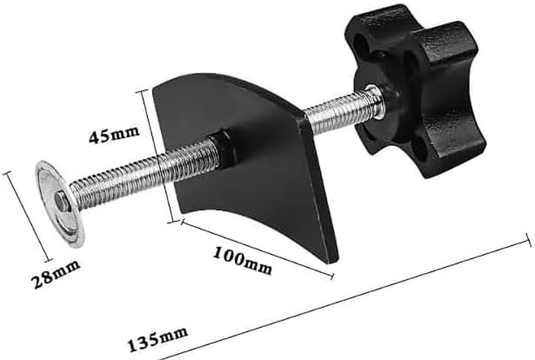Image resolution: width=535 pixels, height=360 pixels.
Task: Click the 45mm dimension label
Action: pyautogui.click(x=113, y=135)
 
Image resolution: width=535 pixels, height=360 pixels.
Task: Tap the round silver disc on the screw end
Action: pyautogui.click(x=59, y=202)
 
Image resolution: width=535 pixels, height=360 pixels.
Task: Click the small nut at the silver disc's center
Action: pyautogui.click(x=62, y=201)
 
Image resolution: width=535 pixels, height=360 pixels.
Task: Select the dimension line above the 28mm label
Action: pyautogui.click(x=28, y=216)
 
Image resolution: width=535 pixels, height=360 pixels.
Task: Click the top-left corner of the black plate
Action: pyautogui.click(x=154, y=86)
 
